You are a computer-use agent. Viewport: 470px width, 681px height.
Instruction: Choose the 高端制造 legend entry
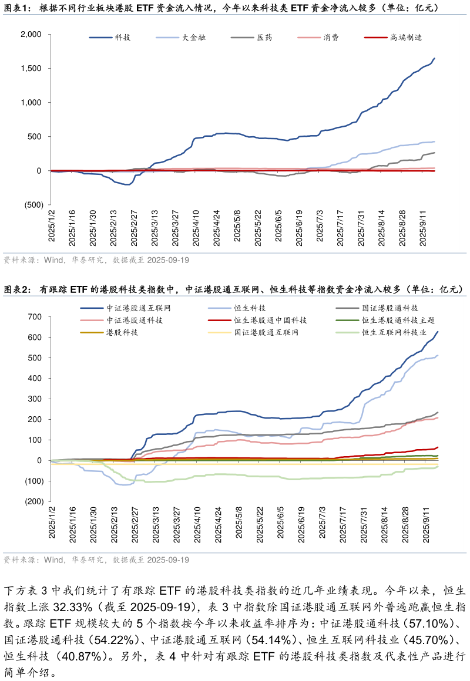(406, 38)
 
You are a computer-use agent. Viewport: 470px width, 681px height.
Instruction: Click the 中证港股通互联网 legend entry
(138, 308)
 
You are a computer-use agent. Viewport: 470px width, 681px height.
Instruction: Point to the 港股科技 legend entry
(122, 332)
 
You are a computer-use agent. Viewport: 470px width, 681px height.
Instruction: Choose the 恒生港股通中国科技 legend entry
(270, 320)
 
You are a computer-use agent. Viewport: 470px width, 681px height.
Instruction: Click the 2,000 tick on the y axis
(31, 35)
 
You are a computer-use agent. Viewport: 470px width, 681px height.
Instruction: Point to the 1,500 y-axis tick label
(31, 69)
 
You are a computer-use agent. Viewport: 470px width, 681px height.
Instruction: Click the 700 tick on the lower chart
(35, 317)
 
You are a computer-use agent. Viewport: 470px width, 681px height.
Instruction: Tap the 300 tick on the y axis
(35, 399)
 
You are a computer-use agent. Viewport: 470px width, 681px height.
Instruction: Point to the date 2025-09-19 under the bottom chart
(168, 561)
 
